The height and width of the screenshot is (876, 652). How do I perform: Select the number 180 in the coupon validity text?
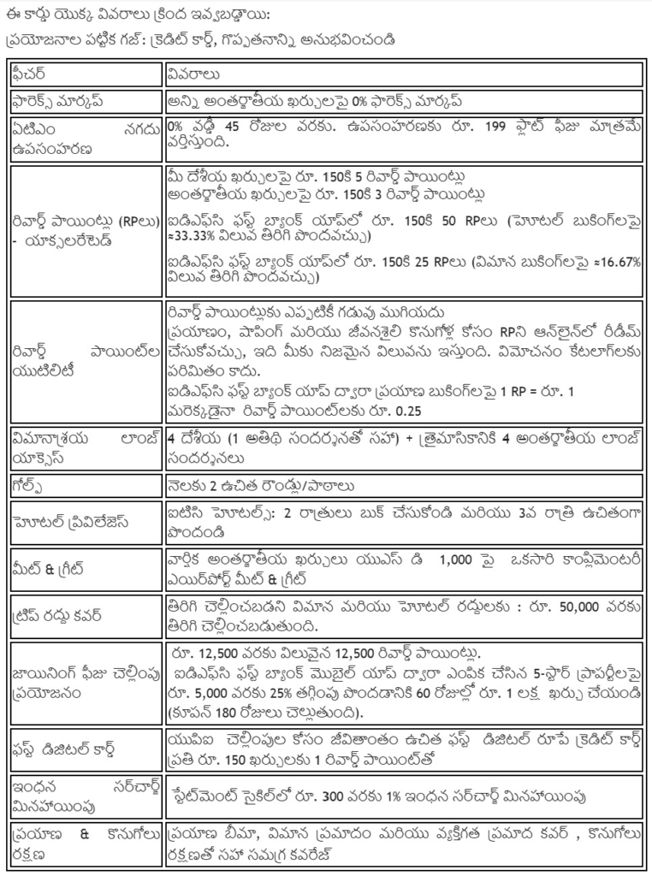click(234, 712)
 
